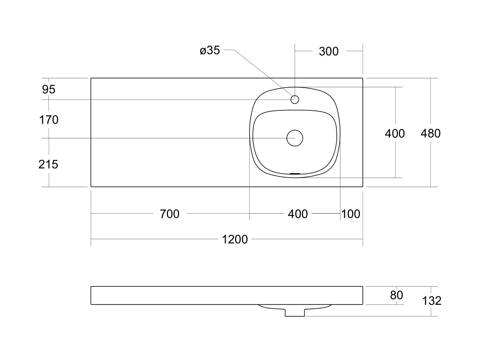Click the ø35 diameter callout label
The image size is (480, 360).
pyautogui.click(x=210, y=50)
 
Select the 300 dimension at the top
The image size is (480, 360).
pyautogui.click(x=329, y=52)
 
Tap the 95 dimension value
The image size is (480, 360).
pyautogui.click(x=49, y=90)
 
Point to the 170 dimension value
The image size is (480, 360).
pyautogui.click(x=49, y=120)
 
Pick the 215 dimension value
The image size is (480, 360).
pyautogui.click(x=48, y=164)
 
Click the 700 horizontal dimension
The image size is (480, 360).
pyautogui.click(x=170, y=214)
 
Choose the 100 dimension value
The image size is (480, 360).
pyautogui.click(x=351, y=214)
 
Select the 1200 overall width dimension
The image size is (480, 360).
pyautogui.click(x=235, y=239)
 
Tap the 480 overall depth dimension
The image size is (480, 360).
pyautogui.click(x=430, y=134)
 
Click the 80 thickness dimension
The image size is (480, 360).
pyautogui.click(x=396, y=295)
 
